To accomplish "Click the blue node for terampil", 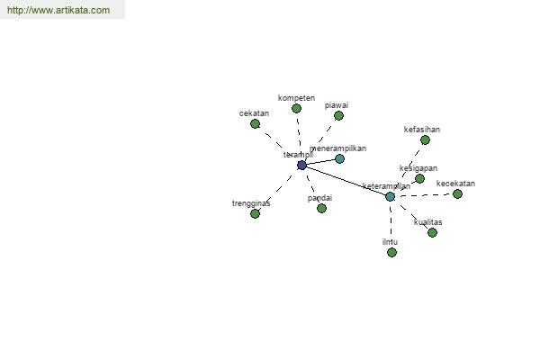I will click(x=301, y=165).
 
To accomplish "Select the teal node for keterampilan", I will click(x=390, y=196).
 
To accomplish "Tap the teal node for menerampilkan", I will click(x=339, y=158).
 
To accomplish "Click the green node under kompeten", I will click(x=296, y=108).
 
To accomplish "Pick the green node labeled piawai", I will click(x=338, y=115).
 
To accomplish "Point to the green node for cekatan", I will click(x=255, y=123).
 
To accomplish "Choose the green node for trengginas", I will click(x=255, y=213).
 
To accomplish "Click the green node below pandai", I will click(x=321, y=208).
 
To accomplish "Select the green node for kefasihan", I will click(x=425, y=139).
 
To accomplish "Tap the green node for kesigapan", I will click(x=419, y=178).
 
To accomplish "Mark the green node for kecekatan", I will click(x=457, y=193).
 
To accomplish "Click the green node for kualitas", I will click(x=432, y=232).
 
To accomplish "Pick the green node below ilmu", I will click(x=391, y=252).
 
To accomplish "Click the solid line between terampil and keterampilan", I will click(x=346, y=180).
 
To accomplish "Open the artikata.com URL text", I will click(x=58, y=10).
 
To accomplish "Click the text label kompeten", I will click(x=296, y=97).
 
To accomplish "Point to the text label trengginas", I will click(x=251, y=203).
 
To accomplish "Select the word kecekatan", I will click(x=455, y=184).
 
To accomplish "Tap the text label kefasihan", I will click(x=422, y=130).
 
